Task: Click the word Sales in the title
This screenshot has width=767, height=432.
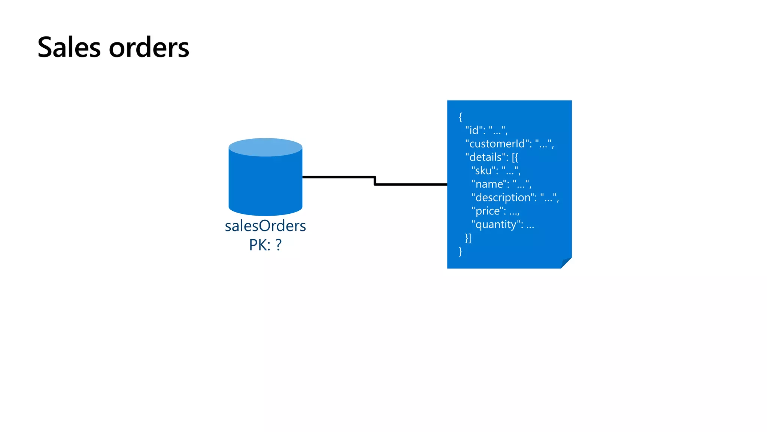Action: coord(69,48)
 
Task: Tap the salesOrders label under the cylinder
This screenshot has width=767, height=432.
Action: coord(265,226)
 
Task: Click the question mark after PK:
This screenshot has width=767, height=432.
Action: coord(278,245)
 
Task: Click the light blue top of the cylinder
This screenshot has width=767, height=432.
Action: coord(265,147)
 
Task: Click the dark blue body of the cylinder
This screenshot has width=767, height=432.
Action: coord(265,184)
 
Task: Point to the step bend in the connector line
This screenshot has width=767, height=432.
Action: coord(375,181)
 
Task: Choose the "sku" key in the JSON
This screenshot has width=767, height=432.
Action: coord(484,171)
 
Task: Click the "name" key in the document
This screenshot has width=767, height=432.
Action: coord(489,184)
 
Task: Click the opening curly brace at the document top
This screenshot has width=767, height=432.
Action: coord(460,117)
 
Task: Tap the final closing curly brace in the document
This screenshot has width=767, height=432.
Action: coord(460,251)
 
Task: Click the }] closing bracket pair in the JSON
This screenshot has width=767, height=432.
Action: coord(468,238)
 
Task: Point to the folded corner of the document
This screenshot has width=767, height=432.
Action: coord(566,263)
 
